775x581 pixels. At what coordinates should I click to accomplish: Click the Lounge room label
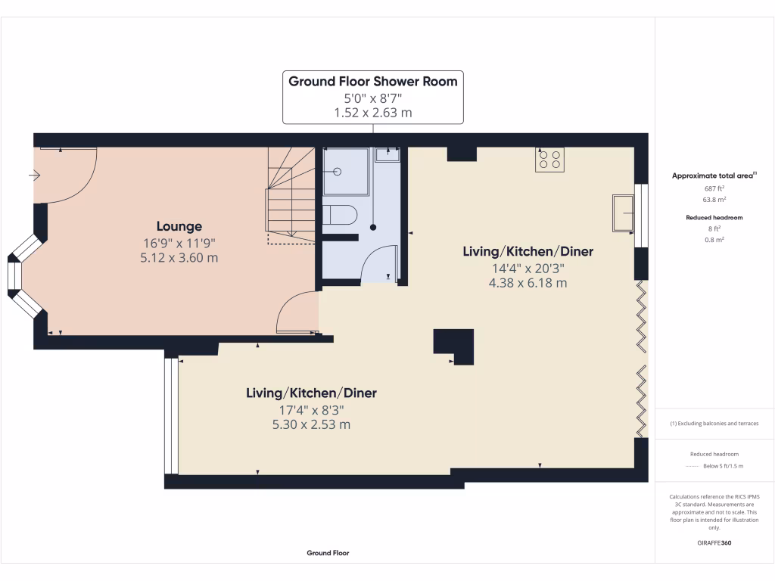(x=179, y=226)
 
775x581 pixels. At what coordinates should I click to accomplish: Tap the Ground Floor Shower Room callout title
(x=373, y=81)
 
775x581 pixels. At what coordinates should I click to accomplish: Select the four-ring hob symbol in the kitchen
(x=549, y=160)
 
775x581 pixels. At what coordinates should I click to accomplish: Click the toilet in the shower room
(x=338, y=215)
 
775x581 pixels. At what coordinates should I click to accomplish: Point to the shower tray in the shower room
(x=345, y=172)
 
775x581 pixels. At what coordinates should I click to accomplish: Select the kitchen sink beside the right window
(x=623, y=213)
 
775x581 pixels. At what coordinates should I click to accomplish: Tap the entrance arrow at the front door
(x=35, y=176)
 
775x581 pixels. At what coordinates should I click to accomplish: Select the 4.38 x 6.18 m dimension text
(x=528, y=284)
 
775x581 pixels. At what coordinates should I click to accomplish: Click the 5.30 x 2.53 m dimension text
(x=311, y=424)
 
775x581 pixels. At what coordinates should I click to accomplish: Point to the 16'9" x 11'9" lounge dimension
(x=179, y=243)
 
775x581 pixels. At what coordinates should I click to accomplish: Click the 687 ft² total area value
(x=714, y=188)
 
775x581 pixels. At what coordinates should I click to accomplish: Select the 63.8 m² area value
(x=714, y=200)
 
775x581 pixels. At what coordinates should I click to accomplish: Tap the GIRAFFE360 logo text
(x=714, y=543)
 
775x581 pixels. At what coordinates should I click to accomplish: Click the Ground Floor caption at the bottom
(x=328, y=553)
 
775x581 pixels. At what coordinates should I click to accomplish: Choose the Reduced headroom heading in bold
(x=714, y=218)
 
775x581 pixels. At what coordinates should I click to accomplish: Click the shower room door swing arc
(x=376, y=261)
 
